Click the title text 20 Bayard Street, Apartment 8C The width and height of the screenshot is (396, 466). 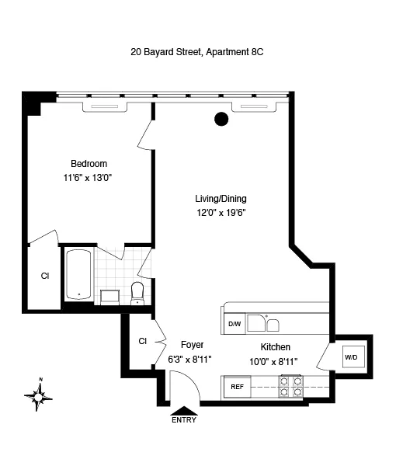197,54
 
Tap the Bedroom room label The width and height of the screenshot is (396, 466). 89,164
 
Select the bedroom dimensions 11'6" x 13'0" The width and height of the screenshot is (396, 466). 89,177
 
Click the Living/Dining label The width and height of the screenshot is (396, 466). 221,197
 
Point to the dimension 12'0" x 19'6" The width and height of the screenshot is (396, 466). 221,211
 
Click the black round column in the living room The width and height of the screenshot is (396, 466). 221,119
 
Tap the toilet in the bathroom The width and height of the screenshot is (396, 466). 138,292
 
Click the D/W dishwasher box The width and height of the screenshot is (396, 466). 234,324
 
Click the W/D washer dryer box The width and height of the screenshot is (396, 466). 352,357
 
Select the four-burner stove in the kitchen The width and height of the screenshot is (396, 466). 290,385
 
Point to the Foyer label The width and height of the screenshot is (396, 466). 192,344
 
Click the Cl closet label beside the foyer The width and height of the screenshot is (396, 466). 143,340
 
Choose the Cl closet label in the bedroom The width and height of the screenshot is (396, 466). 45,275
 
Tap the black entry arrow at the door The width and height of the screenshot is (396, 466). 184,409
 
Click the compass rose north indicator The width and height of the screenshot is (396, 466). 38,396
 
